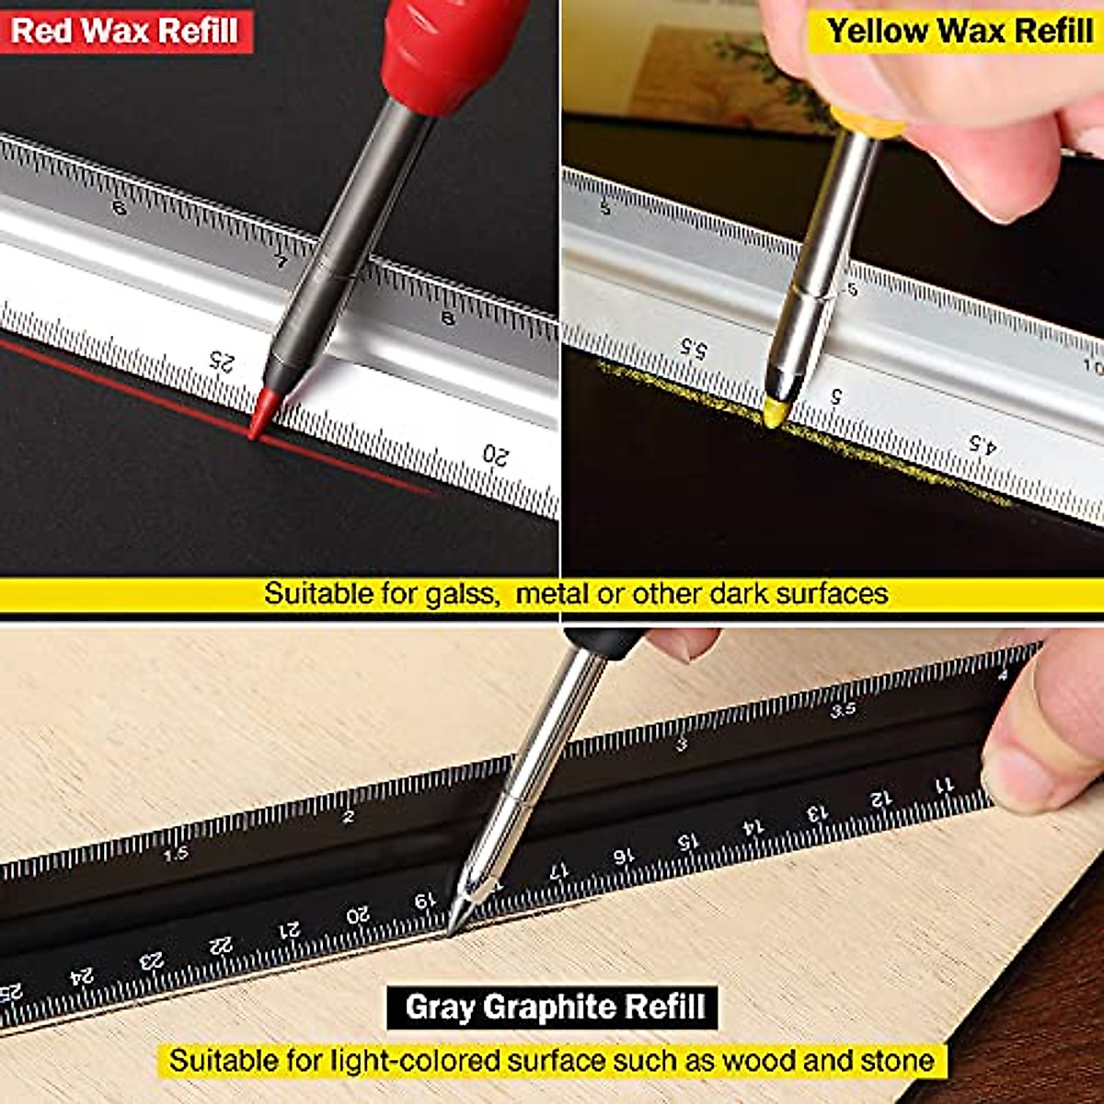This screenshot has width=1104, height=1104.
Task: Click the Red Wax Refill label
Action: tap(125, 30)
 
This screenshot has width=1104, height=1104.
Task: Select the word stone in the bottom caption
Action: tap(896, 1060)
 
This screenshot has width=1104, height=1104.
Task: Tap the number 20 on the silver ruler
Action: tap(495, 454)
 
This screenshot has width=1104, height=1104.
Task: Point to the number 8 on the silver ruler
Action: tap(448, 318)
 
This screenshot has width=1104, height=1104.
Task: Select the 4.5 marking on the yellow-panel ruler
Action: tap(982, 445)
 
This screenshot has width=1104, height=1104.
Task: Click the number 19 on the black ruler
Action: tap(424, 901)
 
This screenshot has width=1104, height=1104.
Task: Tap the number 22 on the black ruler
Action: tap(221, 945)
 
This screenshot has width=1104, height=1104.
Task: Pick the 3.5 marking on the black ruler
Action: tap(843, 709)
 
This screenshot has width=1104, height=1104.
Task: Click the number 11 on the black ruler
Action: tap(945, 785)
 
